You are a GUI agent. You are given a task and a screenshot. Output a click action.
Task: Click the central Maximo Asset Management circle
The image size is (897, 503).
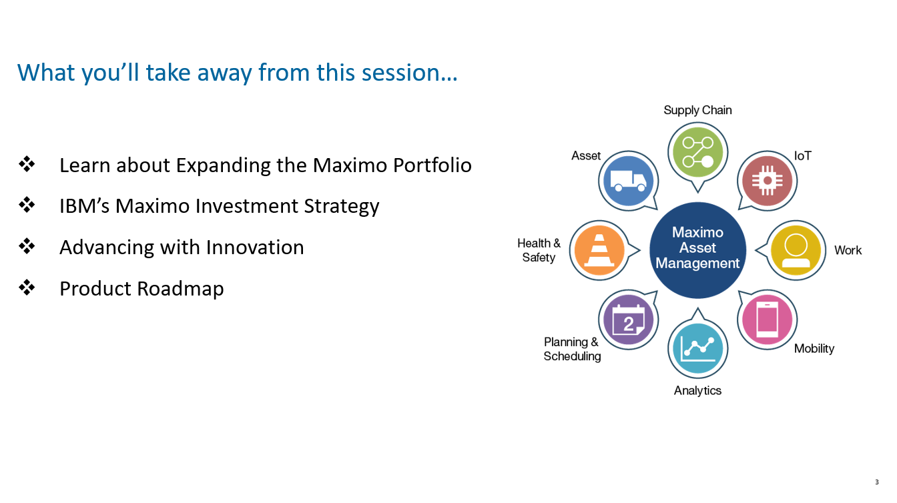[697, 250]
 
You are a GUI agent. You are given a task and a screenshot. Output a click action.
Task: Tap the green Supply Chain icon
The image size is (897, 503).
[697, 153]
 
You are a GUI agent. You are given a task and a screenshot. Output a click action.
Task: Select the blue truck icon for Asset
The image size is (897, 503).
[628, 181]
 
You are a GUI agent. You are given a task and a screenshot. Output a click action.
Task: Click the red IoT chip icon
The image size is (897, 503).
[768, 181]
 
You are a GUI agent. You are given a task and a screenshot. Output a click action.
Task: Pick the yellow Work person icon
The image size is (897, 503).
[796, 250]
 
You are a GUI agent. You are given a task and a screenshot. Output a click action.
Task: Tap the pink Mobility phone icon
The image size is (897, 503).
[768, 320]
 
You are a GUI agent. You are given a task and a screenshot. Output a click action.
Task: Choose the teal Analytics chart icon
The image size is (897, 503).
[697, 348]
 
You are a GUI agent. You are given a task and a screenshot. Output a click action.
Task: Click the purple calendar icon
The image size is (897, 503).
[628, 320]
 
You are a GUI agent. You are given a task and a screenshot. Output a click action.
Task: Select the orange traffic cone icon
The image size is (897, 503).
[599, 250]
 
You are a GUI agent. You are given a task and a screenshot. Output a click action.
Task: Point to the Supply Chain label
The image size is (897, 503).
[697, 111]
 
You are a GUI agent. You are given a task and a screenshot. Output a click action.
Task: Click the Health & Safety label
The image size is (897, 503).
[539, 250]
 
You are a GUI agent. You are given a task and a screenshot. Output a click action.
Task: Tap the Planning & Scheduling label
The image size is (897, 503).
[572, 349]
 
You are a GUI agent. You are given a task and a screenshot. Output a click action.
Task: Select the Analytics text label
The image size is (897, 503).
[697, 390]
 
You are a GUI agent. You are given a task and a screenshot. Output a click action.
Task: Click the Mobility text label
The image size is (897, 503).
[814, 348]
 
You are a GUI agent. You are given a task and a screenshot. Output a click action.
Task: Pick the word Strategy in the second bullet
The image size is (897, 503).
[342, 207]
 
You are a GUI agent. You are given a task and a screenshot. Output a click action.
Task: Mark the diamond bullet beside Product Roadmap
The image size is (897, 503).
[27, 288]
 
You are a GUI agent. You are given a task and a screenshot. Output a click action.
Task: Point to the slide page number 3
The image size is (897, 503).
[876, 482]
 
